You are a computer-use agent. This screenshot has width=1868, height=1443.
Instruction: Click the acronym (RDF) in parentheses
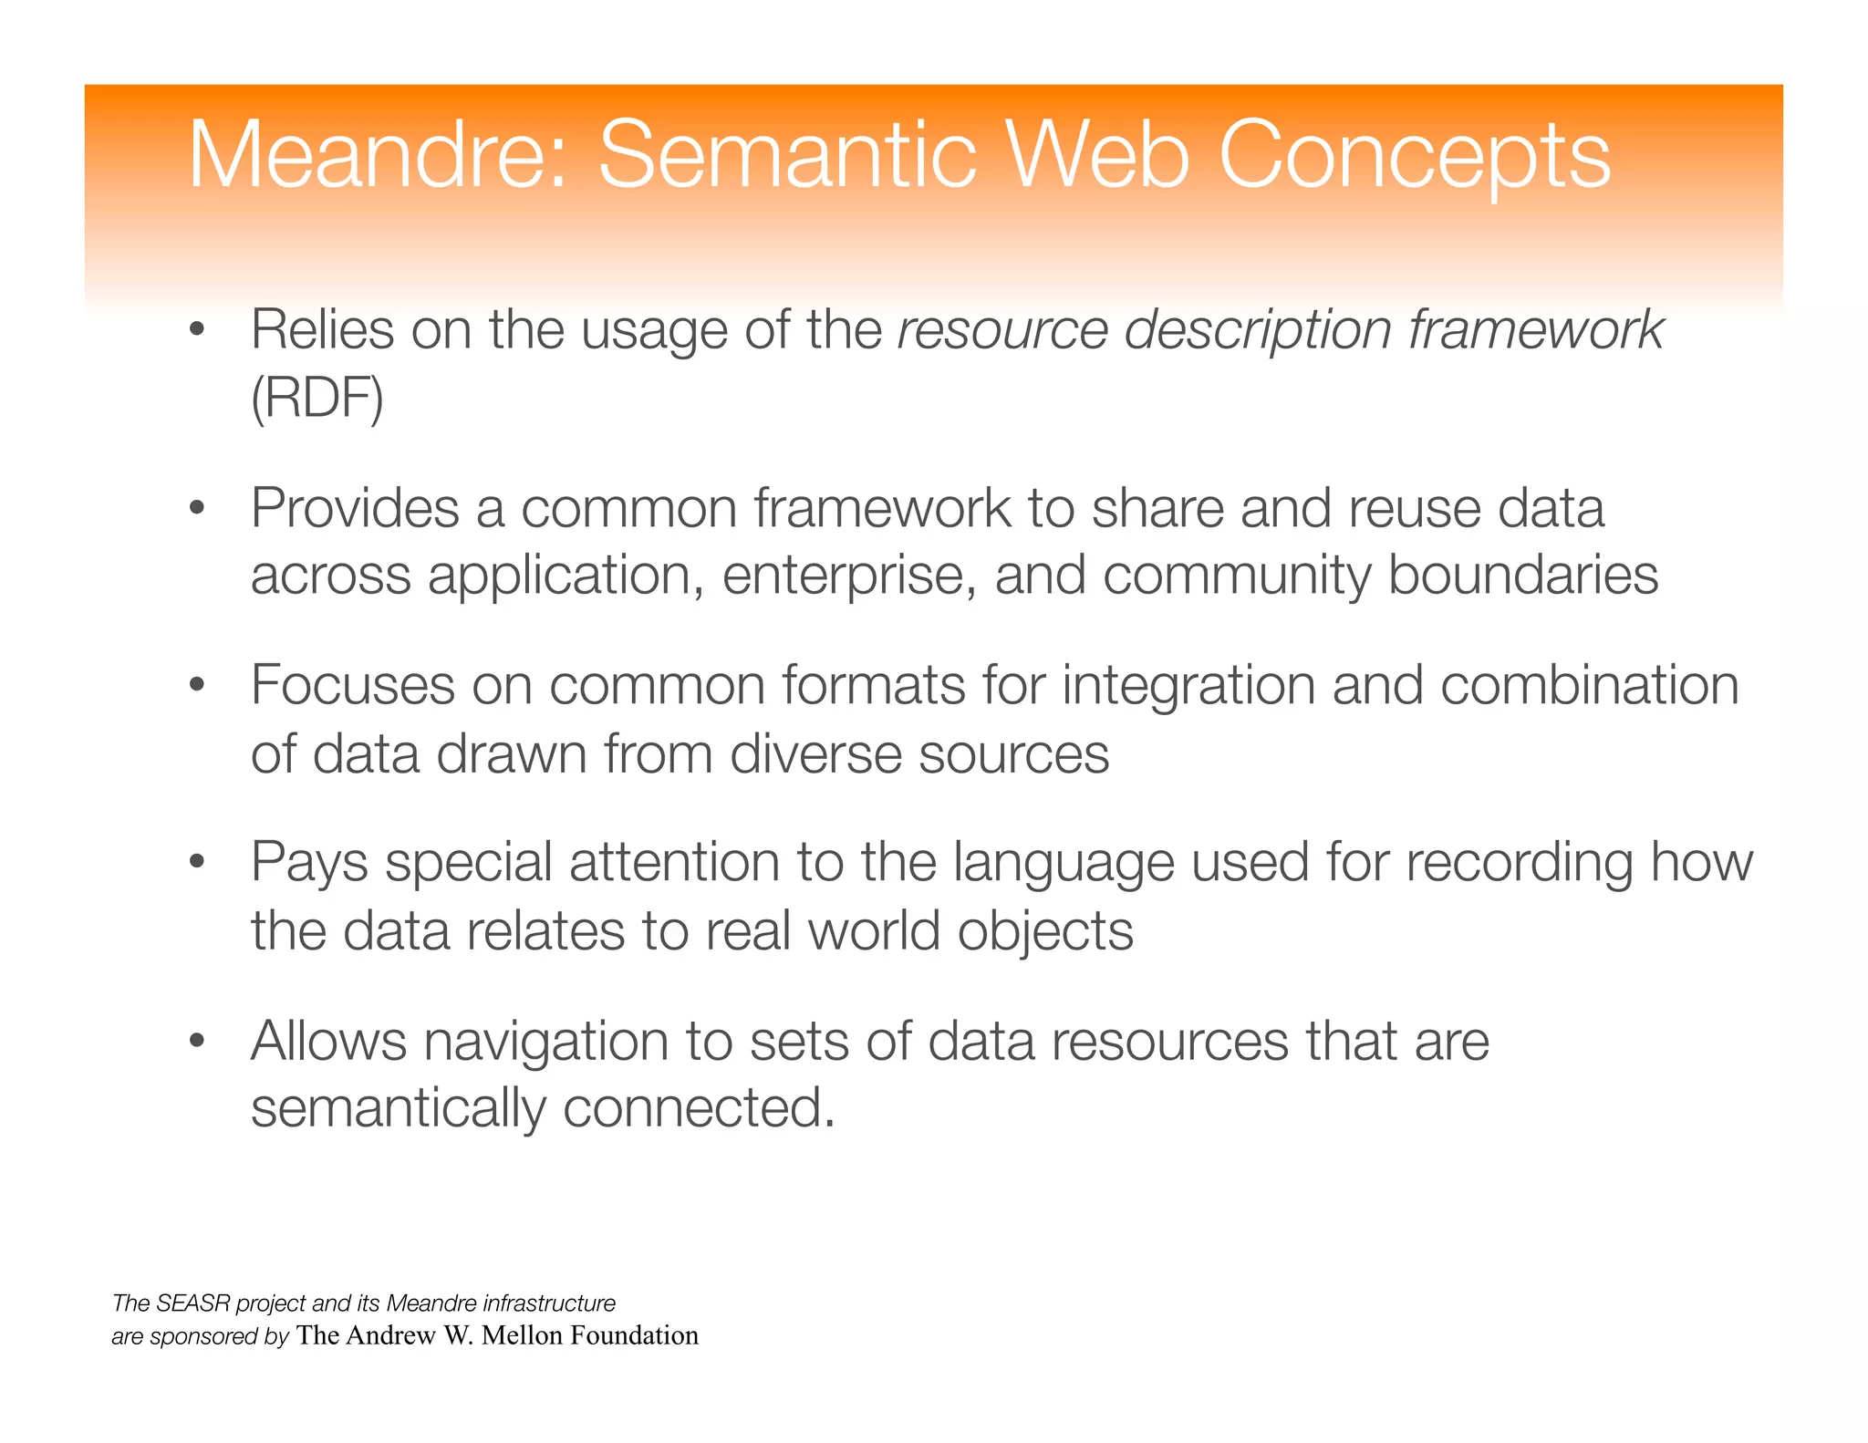(317, 399)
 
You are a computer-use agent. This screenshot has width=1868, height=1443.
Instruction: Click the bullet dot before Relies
(195, 330)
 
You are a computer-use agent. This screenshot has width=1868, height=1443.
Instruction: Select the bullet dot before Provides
(195, 508)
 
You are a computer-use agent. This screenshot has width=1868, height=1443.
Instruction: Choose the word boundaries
(1522, 575)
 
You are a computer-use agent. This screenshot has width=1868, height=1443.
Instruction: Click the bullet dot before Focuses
(195, 685)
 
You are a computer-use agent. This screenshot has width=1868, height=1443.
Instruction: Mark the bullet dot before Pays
(195, 862)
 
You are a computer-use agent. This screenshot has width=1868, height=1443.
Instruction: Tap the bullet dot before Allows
(195, 1041)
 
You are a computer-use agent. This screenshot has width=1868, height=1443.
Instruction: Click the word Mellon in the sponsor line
(523, 1335)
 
